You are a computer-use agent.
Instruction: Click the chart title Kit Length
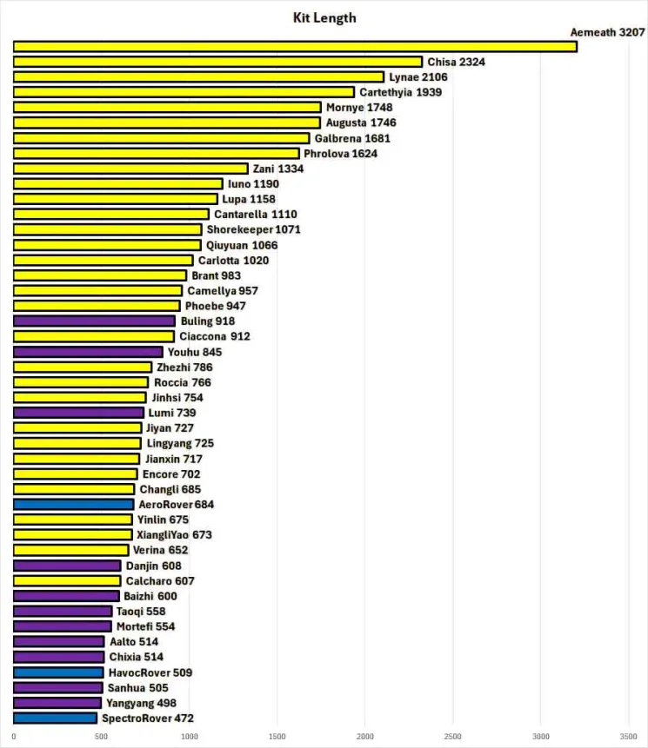[x=324, y=17]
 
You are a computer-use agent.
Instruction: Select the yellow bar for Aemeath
[x=295, y=47]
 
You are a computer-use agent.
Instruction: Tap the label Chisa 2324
[x=456, y=62]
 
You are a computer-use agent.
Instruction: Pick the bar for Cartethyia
[x=184, y=92]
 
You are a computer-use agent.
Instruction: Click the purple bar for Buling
[x=94, y=321]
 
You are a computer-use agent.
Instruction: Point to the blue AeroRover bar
[x=73, y=504]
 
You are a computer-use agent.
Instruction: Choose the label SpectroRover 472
[x=147, y=718]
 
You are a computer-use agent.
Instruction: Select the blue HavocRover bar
[x=58, y=672]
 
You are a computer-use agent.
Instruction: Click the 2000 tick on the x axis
[x=365, y=738]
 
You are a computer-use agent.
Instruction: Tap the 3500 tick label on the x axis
[x=629, y=738]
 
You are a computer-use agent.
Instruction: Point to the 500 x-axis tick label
[x=102, y=738]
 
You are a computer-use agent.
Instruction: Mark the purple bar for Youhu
[x=88, y=352]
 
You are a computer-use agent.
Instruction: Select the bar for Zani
[x=130, y=169]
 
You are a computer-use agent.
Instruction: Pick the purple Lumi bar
[x=78, y=413]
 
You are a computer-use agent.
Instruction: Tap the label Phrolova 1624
[x=340, y=154]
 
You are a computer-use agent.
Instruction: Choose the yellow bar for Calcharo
[x=67, y=580]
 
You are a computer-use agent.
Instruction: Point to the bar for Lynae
[x=198, y=77]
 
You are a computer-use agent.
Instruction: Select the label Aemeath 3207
[x=607, y=32]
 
